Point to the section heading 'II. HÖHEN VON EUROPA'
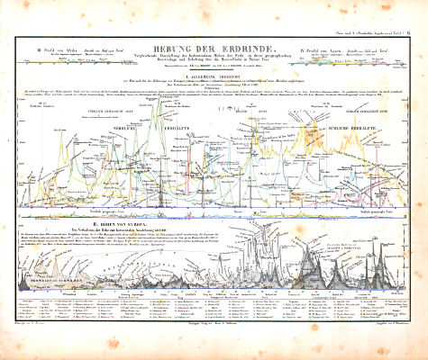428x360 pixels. (x=213, y=224)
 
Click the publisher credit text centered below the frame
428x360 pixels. (x=213, y=330)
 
